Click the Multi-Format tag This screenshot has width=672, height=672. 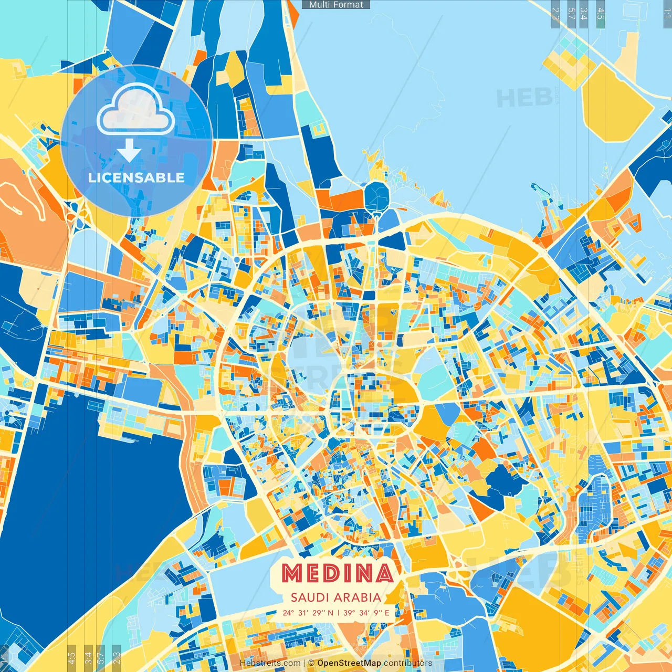(336, 5)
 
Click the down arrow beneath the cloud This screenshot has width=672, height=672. (129, 151)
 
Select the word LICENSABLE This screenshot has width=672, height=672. (136, 177)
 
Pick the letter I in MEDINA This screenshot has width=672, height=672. (352, 574)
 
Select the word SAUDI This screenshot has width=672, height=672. (309, 597)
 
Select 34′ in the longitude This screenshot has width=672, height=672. (364, 613)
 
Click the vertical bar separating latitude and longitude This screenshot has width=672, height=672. (338, 613)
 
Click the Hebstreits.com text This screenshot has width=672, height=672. (270, 663)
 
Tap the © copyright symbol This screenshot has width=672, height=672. (311, 663)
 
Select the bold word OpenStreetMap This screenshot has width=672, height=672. (349, 663)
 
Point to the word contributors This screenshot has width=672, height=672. (408, 663)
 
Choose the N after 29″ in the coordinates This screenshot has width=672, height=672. (330, 613)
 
